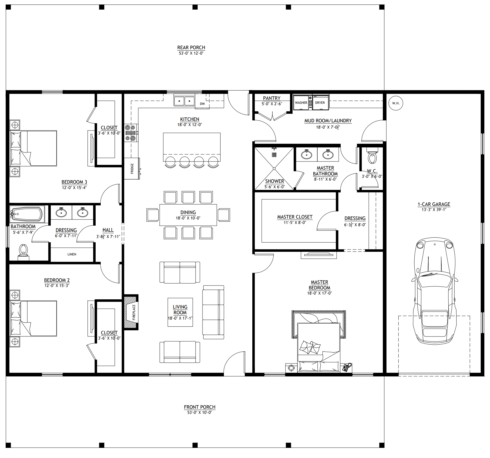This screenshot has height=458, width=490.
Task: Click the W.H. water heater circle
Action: (x=396, y=103)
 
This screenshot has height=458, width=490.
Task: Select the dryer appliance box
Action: (x=320, y=102)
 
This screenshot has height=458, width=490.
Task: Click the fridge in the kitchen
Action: (x=132, y=169)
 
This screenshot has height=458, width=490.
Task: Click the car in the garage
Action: (x=434, y=290)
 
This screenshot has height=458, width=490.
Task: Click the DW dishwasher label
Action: (x=202, y=104)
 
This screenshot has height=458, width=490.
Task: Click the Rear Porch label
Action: (x=191, y=48)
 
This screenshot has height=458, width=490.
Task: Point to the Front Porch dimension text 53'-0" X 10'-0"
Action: (x=200, y=412)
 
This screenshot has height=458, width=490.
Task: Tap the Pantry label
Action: (x=272, y=98)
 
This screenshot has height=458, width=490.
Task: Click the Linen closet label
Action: (x=72, y=254)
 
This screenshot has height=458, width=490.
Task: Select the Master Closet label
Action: (x=295, y=217)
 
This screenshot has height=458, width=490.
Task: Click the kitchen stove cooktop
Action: (x=131, y=133)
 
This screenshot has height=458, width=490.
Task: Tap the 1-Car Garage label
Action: (x=434, y=204)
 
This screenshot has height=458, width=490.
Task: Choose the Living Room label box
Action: (x=180, y=312)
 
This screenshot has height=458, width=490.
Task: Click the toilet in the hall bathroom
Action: (x=23, y=251)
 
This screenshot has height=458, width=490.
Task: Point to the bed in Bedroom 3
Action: (x=33, y=148)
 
